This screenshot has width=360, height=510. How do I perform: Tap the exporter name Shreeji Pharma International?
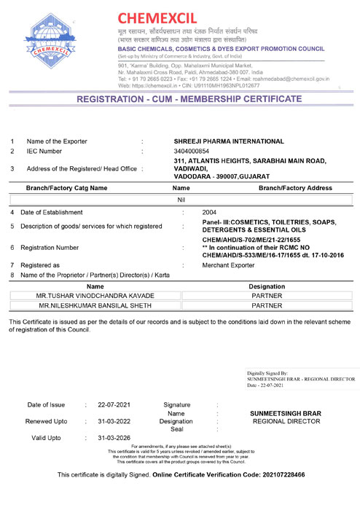click(x=229, y=141)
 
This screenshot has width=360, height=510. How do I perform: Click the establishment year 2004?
click(x=210, y=212)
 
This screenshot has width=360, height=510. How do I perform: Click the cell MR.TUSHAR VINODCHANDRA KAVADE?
click(x=95, y=297)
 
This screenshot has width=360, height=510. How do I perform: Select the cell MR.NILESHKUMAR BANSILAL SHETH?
click(x=95, y=306)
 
